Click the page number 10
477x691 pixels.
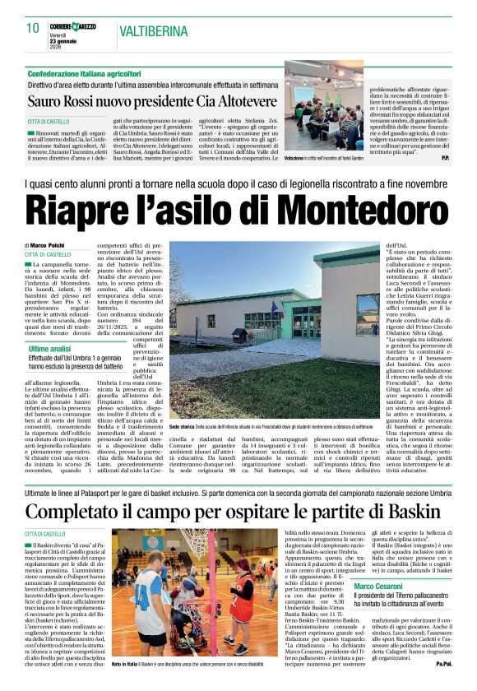point(33,27)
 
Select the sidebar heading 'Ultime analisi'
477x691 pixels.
point(49,327)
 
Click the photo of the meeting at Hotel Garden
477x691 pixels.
point(323,107)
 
